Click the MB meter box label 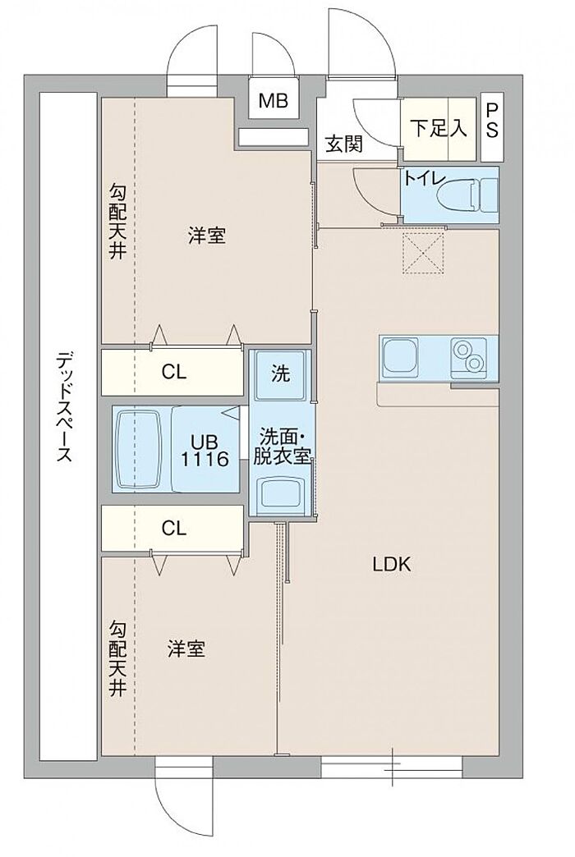click(274, 101)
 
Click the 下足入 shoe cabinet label click(439, 128)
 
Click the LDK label click(391, 565)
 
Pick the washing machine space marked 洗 click(281, 374)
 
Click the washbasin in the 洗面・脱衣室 click(281, 493)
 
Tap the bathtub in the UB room click(140, 449)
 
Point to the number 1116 click(205, 459)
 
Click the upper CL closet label click(174, 372)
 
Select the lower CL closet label click(174, 528)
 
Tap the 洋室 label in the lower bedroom click(186, 648)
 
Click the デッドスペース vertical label click(65, 407)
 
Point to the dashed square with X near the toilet click(423, 251)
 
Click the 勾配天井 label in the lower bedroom click(117, 658)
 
